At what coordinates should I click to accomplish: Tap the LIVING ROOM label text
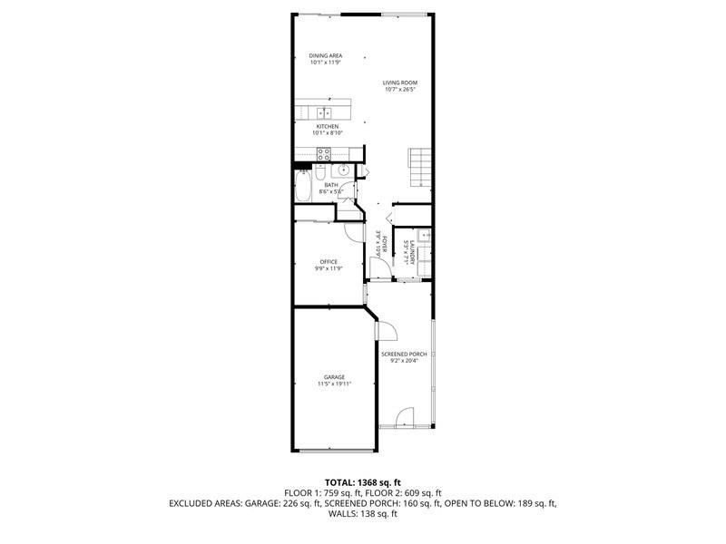[398, 83]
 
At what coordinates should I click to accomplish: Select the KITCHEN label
[327, 126]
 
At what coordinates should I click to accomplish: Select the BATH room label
[330, 185]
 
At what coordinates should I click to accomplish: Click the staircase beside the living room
[418, 166]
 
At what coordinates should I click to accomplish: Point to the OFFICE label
[328, 261]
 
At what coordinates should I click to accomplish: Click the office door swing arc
[352, 230]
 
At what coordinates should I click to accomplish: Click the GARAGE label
[334, 377]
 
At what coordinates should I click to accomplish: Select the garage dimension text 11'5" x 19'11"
[334, 384]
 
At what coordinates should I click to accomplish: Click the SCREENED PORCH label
[403, 354]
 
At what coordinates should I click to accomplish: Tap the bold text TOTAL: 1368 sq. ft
[363, 481]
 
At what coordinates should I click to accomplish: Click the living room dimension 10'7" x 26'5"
[399, 90]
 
